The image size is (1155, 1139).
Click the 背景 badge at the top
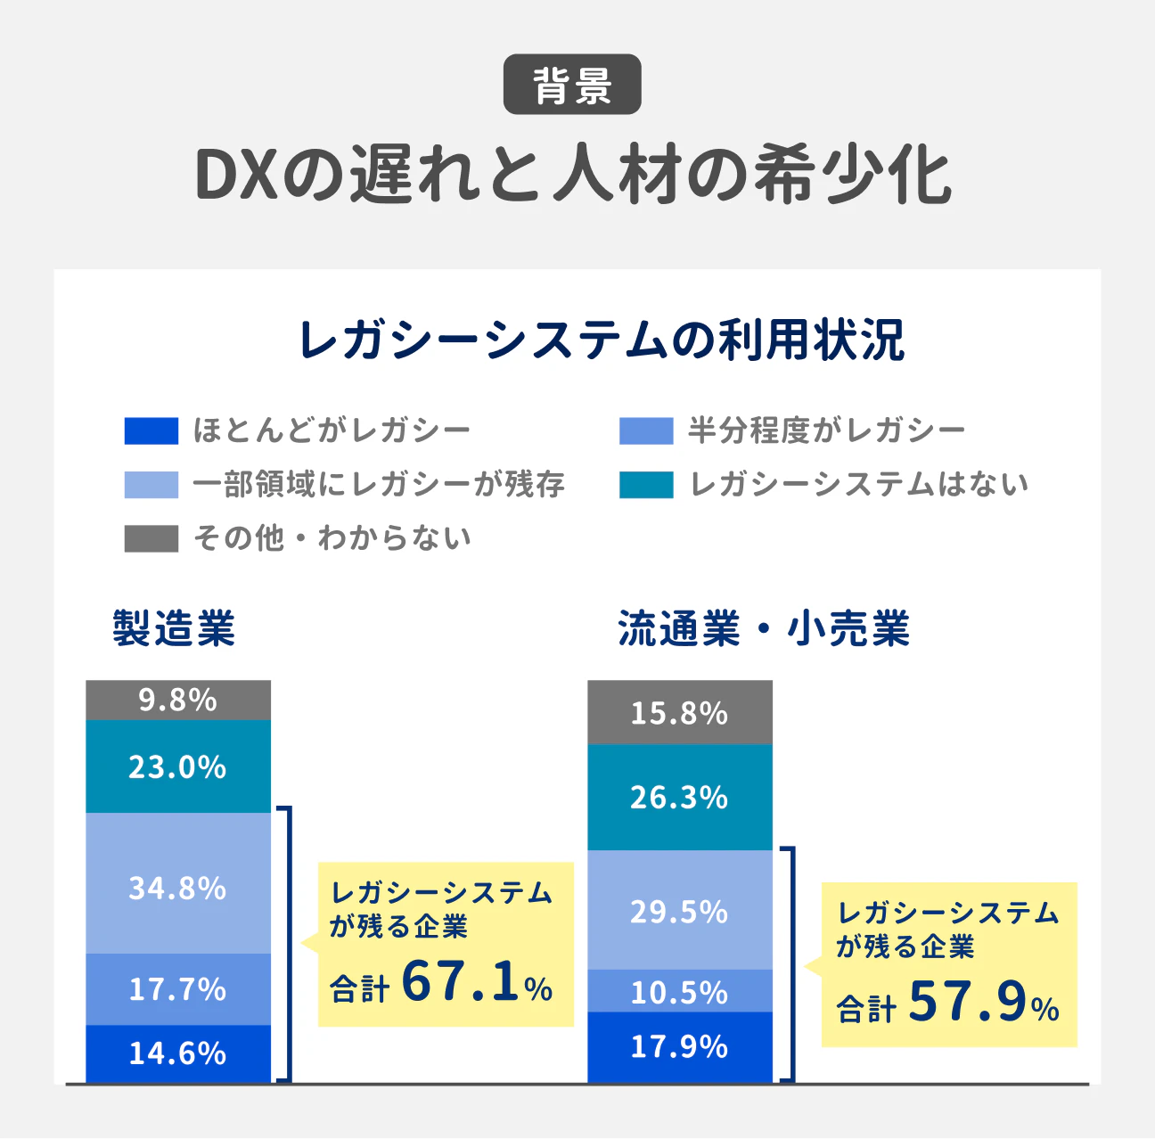tap(572, 85)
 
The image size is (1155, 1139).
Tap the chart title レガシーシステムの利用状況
tap(602, 340)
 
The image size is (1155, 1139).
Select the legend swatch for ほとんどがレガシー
tap(151, 431)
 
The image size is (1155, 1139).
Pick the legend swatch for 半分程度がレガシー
tap(646, 431)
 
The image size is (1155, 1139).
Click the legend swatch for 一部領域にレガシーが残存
tap(151, 485)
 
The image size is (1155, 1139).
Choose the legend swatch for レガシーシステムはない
tap(646, 485)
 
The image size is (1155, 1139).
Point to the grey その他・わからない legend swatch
tap(151, 538)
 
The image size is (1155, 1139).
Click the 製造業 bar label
tap(174, 628)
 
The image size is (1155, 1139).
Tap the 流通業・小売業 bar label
tap(764, 628)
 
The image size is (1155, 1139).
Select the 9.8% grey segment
tap(178, 701)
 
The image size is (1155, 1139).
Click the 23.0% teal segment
tap(178, 766)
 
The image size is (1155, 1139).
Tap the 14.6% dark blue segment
tap(178, 1053)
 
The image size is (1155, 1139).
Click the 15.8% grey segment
tap(680, 713)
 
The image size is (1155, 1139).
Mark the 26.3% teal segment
tap(680, 798)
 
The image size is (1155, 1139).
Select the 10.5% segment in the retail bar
tap(680, 991)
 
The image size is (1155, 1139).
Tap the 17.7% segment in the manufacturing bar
tap(178, 989)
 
